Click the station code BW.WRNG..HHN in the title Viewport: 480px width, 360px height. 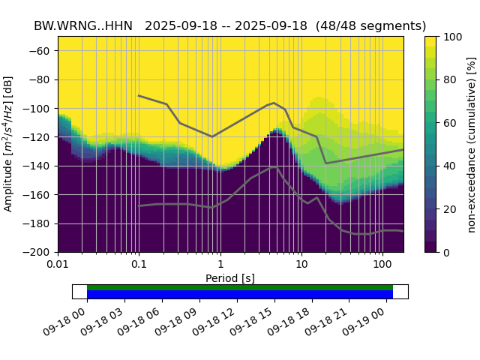pyautogui.click(x=82, y=25)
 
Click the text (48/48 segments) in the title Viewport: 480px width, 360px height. pyautogui.click(x=371, y=25)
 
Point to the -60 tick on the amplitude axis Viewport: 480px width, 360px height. pyautogui.click(x=43, y=51)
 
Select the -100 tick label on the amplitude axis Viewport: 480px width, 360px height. pyautogui.click(x=40, y=109)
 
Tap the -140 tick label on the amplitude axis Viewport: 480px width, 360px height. pyautogui.click(x=40, y=166)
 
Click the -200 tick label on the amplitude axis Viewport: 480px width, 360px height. pyautogui.click(x=40, y=253)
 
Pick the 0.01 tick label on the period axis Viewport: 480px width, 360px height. pyautogui.click(x=58, y=265)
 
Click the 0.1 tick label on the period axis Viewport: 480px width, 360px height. pyautogui.click(x=139, y=265)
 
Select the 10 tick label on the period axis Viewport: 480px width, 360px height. pyautogui.click(x=301, y=265)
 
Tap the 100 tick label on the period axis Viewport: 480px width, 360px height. pyautogui.click(x=382, y=265)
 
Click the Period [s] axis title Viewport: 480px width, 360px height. pyautogui.click(x=230, y=278)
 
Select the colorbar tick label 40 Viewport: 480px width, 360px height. pyautogui.click(x=448, y=166)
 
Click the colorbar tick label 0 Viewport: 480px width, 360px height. pyautogui.click(x=445, y=253)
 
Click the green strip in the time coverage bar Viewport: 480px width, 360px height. pyautogui.click(x=240, y=287)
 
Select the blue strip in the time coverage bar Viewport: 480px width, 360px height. pyautogui.click(x=240, y=295)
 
